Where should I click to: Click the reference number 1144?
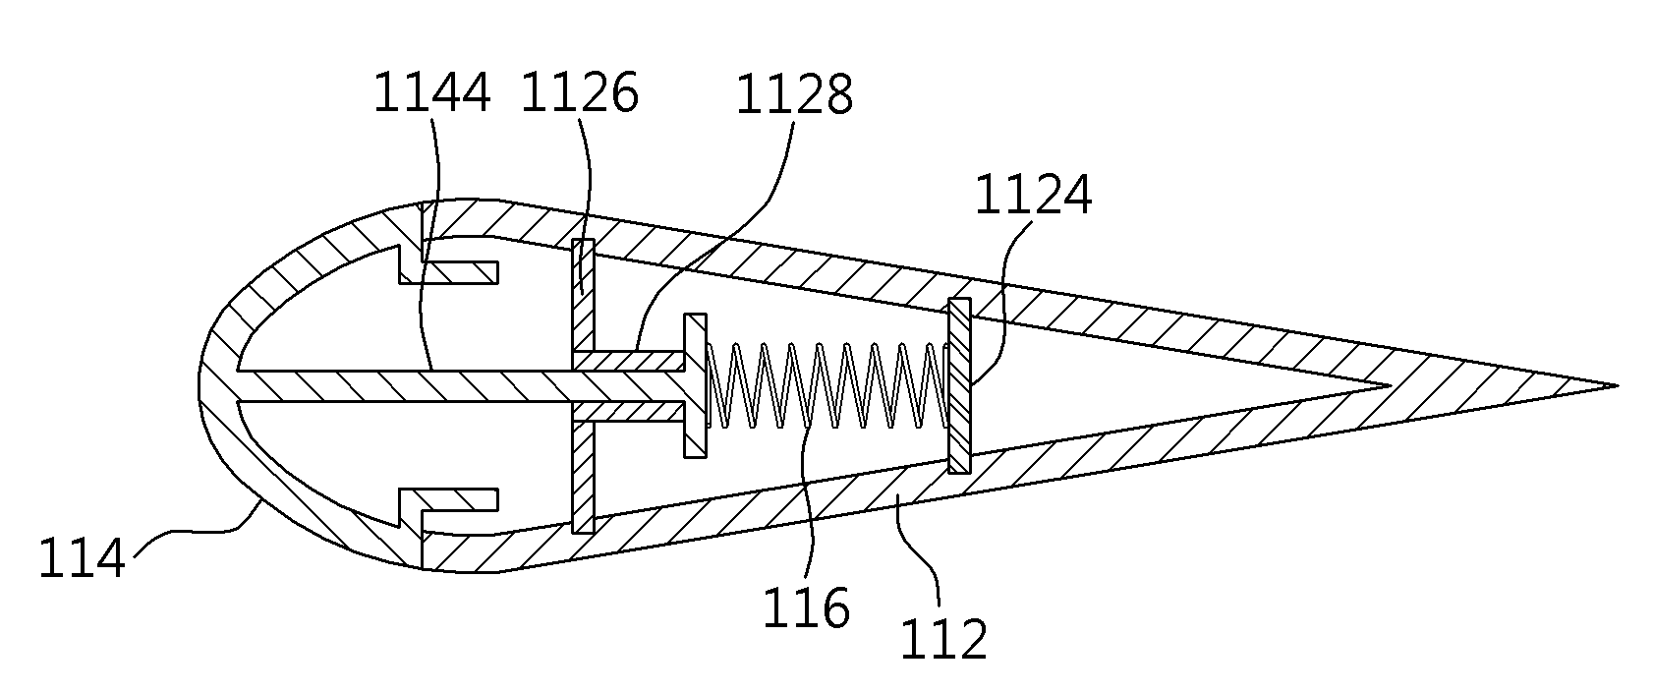431,93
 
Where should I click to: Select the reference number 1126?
579,93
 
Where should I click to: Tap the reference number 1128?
794,94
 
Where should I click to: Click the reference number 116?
806,607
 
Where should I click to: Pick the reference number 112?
943,639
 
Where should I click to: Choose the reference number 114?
82,558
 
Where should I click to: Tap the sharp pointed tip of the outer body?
1616,385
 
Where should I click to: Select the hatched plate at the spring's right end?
959,385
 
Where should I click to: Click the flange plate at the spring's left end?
695,385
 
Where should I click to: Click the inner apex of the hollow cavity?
1389,385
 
